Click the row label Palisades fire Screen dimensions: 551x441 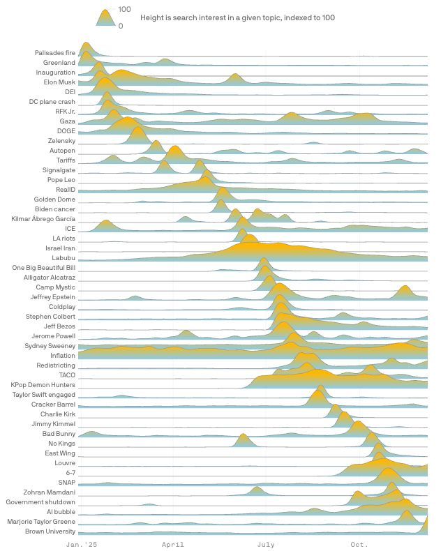pos(55,53)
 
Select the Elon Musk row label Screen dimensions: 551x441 pos(59,82)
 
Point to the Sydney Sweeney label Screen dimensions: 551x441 pos(50,346)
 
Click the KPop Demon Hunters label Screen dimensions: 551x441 pos(43,385)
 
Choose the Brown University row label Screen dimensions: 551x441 pos(50,531)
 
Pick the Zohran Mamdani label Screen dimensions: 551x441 pos(51,492)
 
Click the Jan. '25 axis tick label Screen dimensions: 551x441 pos(82,544)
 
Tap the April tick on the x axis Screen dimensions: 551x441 pos(172,544)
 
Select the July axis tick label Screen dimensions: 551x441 pos(265,544)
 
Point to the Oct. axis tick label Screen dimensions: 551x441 pos(359,544)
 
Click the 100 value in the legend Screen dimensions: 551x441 pos(124,10)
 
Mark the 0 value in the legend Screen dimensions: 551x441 pos(121,26)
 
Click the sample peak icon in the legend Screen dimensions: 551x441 pos(105,18)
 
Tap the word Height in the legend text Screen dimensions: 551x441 pos(152,17)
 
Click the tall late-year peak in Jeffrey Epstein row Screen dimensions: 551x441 pos(405,288)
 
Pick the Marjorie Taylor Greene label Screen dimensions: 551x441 pos(41,522)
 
